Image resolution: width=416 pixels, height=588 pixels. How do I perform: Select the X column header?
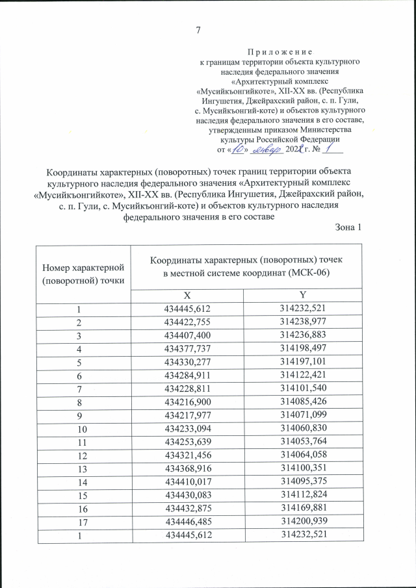(187, 294)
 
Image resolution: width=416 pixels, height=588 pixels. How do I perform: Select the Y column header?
(303, 294)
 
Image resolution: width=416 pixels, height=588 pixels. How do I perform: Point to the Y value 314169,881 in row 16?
(303, 507)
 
